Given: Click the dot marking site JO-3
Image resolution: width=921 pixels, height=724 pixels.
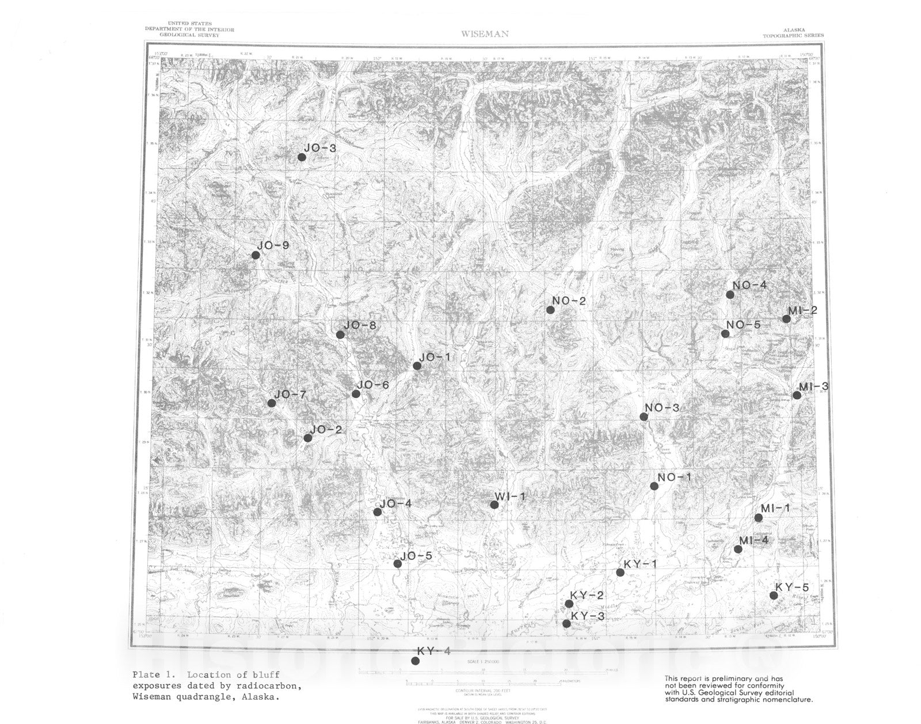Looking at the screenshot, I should tap(302, 157).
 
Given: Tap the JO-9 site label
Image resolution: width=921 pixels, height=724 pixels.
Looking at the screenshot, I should tap(273, 245).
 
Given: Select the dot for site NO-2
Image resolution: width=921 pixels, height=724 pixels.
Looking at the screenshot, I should tap(550, 310).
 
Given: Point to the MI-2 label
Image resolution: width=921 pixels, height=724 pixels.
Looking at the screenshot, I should tap(802, 311).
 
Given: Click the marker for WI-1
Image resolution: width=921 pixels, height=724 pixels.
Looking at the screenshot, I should tap(494, 505).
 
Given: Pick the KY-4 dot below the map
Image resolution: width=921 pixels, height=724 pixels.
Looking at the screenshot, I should tap(415, 661).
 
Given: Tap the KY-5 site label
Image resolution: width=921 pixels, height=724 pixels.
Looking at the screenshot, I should tap(792, 587).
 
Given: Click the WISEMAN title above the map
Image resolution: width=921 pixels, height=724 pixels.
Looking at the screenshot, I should tap(485, 34).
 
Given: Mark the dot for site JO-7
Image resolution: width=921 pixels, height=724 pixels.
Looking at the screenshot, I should tap(272, 403).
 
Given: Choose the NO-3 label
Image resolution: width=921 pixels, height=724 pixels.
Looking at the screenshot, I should tap(662, 408).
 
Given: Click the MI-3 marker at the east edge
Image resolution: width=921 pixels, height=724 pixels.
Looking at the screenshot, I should tap(797, 395).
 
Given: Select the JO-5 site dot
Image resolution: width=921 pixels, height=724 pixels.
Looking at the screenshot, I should tap(398, 563).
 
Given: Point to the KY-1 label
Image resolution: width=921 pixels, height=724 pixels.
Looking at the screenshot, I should tap(640, 564).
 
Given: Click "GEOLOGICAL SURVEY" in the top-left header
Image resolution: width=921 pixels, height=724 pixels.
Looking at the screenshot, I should tap(189, 35).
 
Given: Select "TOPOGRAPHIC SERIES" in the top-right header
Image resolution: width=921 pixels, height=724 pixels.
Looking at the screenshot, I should tap(793, 36).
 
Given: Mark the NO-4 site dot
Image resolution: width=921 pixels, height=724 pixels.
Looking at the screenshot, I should tap(730, 294).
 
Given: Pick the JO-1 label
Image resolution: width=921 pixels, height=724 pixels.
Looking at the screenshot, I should tap(435, 358).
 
